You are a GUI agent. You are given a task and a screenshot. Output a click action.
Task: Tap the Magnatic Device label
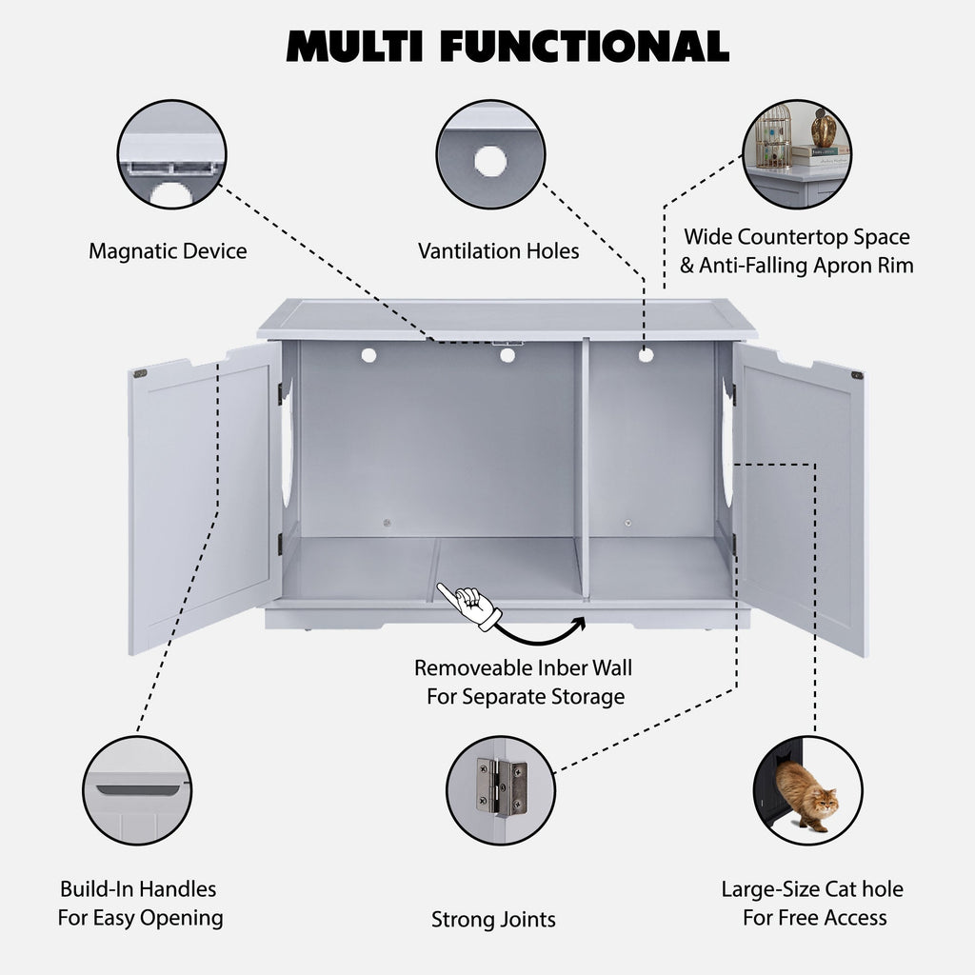tap(168, 251)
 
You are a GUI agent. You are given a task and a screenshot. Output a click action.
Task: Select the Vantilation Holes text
tap(498, 251)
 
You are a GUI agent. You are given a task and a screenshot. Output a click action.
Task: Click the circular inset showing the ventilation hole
tap(490, 154)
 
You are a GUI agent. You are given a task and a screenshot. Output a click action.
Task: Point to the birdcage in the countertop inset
tap(773, 138)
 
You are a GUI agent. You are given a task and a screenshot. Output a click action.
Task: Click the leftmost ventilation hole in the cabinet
tap(368, 354)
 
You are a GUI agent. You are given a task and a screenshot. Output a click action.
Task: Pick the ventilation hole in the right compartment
tap(646, 354)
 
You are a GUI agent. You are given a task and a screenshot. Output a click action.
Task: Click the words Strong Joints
tap(493, 920)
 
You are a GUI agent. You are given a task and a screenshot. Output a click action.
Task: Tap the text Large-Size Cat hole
tap(811, 889)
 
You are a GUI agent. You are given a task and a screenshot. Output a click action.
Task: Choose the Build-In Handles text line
tap(138, 889)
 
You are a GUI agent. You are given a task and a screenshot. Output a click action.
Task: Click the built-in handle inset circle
tap(137, 790)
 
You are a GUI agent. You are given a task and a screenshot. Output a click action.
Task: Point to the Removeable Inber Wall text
tap(523, 667)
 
